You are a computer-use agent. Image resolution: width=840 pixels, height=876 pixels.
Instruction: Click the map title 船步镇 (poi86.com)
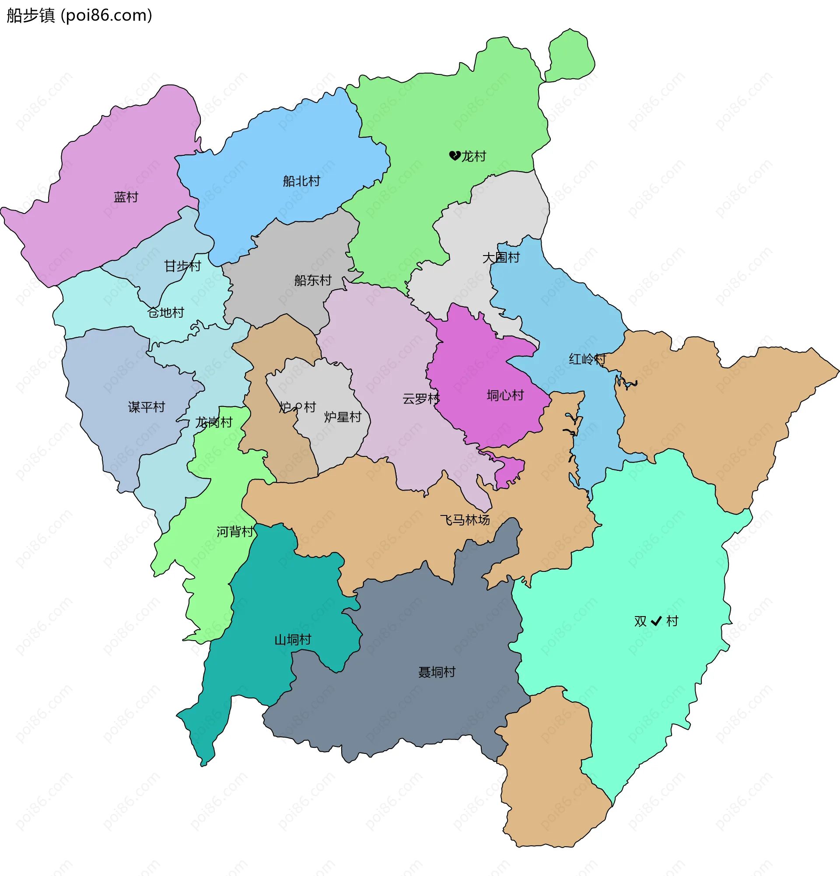pyautogui.click(x=80, y=16)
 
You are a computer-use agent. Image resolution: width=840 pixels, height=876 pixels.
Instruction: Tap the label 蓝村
pyautogui.click(x=126, y=197)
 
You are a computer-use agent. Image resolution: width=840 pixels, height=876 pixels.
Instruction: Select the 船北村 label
pyautogui.click(x=301, y=181)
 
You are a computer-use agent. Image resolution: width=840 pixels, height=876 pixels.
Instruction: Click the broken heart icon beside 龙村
pyautogui.click(x=455, y=155)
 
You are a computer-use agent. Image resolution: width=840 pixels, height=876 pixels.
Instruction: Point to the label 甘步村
pyautogui.click(x=183, y=266)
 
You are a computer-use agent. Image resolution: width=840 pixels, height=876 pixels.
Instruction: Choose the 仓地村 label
pyautogui.click(x=166, y=312)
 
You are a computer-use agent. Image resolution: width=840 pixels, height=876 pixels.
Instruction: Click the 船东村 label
pyautogui.click(x=313, y=280)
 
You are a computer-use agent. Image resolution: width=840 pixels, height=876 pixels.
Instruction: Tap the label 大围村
pyautogui.click(x=501, y=257)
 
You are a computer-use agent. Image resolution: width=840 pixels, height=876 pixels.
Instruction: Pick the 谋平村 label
pyautogui.click(x=147, y=407)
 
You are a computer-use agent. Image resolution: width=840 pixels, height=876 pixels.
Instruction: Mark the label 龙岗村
pyautogui.click(x=214, y=422)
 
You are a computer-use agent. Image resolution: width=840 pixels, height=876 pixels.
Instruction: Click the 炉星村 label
pyautogui.click(x=343, y=417)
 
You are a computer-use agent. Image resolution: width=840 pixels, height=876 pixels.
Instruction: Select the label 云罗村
pyautogui.click(x=421, y=398)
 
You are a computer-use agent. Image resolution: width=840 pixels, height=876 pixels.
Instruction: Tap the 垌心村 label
pyautogui.click(x=505, y=395)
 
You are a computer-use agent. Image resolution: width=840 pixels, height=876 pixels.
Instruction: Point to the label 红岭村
pyautogui.click(x=587, y=359)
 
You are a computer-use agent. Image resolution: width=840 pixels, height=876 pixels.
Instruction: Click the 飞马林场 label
pyautogui.click(x=465, y=520)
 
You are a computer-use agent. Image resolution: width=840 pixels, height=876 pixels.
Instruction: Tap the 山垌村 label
pyautogui.click(x=293, y=640)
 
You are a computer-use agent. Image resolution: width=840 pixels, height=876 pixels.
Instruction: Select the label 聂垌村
pyautogui.click(x=437, y=672)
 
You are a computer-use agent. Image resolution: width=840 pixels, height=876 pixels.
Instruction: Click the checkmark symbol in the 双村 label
pyautogui.click(x=656, y=621)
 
